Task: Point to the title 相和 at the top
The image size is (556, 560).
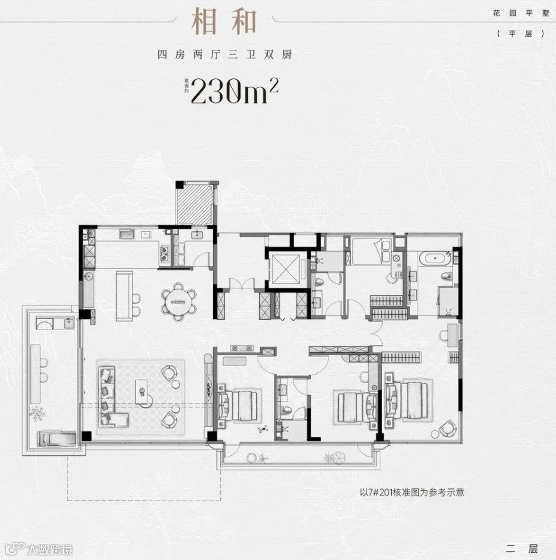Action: [224, 22]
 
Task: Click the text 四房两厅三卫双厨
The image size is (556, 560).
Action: [224, 55]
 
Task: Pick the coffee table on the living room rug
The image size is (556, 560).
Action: [143, 392]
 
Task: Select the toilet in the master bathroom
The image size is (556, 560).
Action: [446, 276]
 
